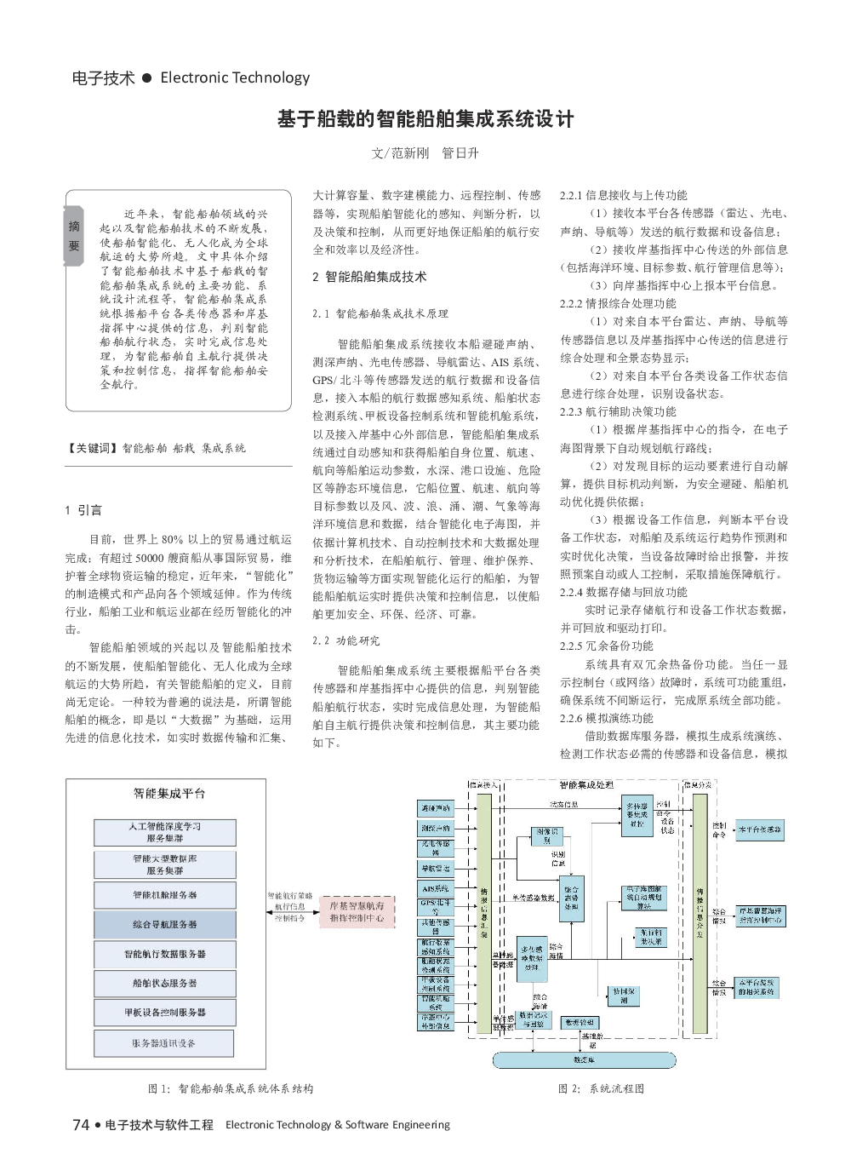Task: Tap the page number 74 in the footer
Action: (82, 1124)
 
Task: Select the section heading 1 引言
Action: (83, 511)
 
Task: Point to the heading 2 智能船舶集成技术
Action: (369, 277)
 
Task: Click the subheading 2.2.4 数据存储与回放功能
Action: (618, 592)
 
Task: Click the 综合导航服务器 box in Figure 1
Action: (164, 924)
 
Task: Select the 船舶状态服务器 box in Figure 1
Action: (164, 983)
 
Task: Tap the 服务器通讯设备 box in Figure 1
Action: (164, 1042)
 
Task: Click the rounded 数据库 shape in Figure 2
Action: (585, 1060)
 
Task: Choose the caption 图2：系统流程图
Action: (601, 1088)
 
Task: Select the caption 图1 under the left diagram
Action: (231, 1088)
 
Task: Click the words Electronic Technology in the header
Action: (235, 78)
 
